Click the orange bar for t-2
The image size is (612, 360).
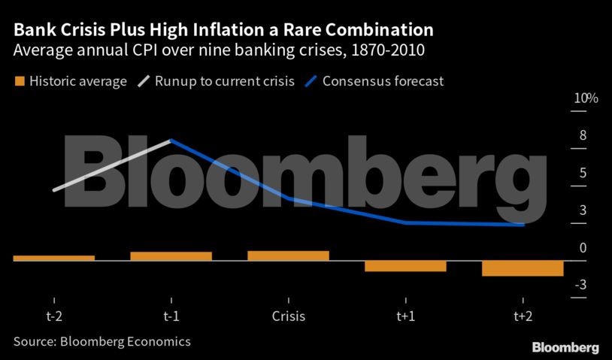click(x=54, y=258)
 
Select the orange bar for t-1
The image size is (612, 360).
click(x=171, y=256)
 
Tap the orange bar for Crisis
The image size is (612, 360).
click(x=289, y=256)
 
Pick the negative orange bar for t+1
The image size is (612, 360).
click(x=406, y=266)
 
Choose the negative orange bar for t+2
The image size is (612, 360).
click(x=523, y=268)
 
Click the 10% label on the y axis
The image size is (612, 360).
click(x=586, y=98)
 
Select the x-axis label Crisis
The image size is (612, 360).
click(x=289, y=316)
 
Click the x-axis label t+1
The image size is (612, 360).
click(x=406, y=316)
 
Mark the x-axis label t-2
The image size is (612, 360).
click(x=54, y=316)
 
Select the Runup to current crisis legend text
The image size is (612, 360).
click(x=224, y=81)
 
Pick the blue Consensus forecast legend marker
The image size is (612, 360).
click(x=309, y=80)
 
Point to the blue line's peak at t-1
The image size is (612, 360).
click(x=171, y=141)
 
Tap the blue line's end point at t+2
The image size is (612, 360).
click(x=523, y=224)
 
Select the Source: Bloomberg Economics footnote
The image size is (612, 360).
click(x=101, y=341)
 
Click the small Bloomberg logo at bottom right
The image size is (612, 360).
click(x=565, y=348)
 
